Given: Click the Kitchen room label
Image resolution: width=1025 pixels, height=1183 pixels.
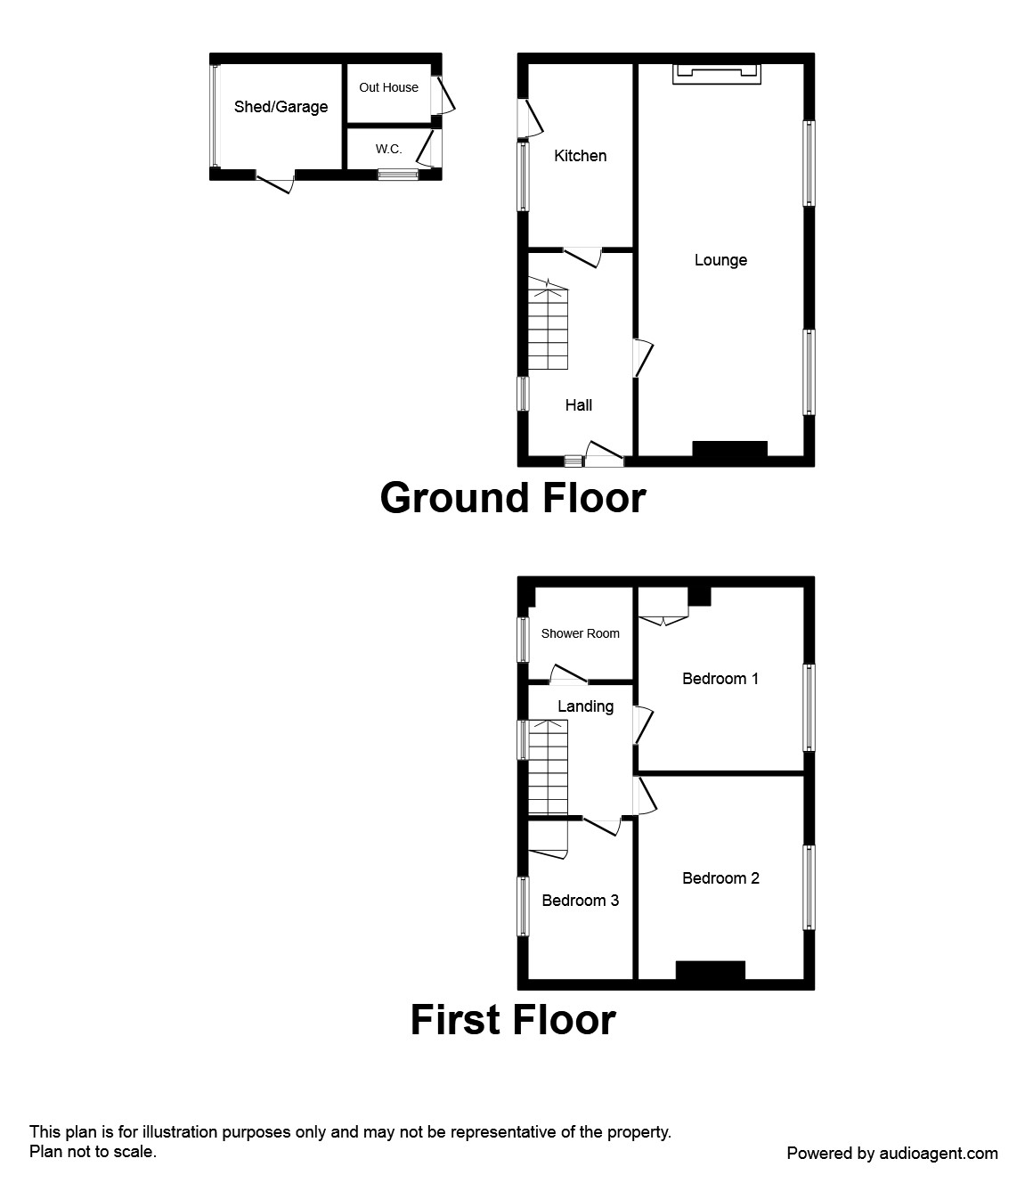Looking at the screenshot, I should pyautogui.click(x=580, y=156).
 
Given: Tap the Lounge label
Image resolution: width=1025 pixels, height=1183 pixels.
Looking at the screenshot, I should pyautogui.click(x=720, y=260).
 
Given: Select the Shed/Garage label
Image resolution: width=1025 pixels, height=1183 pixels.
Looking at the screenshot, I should pyautogui.click(x=281, y=107).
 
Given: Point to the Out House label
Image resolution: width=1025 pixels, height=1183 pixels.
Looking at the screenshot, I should pyautogui.click(x=388, y=87).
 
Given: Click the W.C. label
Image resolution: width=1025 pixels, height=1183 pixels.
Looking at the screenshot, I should pyautogui.click(x=388, y=149).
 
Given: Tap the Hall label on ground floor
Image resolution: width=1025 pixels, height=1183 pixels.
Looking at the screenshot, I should pyautogui.click(x=578, y=405).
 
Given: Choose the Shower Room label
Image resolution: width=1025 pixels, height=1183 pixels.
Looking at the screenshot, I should pyautogui.click(x=580, y=633).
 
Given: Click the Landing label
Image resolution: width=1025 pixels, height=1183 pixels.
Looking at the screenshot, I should pyautogui.click(x=585, y=706).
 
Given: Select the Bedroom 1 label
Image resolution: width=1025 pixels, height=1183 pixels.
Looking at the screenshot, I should pyautogui.click(x=720, y=679).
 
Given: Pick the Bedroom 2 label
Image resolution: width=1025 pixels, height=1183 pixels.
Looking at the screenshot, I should pyautogui.click(x=720, y=878).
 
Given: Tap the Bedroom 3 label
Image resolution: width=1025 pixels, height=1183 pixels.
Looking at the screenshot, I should pyautogui.click(x=580, y=901).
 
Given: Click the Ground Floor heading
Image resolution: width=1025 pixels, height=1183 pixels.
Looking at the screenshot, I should pyautogui.click(x=512, y=497).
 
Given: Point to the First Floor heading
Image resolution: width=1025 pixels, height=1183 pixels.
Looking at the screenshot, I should pyautogui.click(x=512, y=1019).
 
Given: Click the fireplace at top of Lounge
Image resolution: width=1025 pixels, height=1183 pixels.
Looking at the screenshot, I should pyautogui.click(x=717, y=73).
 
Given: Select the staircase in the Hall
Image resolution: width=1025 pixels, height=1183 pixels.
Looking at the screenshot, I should pyautogui.click(x=548, y=325).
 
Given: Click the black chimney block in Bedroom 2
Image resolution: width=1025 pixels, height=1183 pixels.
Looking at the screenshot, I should pyautogui.click(x=710, y=971).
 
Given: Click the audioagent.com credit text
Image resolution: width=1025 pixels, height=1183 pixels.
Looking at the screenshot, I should pyautogui.click(x=892, y=1154).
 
